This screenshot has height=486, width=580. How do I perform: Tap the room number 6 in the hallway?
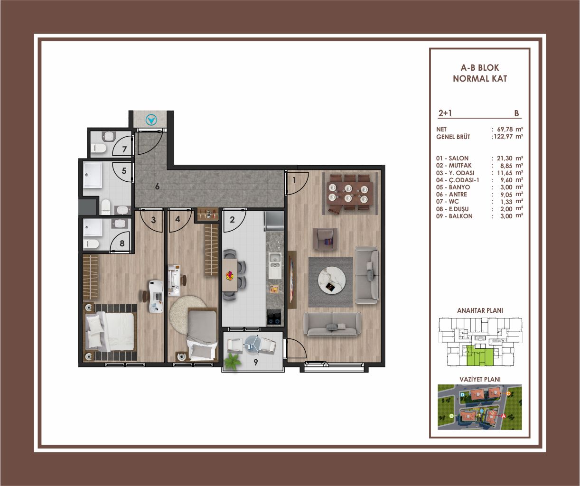click(x=157, y=187)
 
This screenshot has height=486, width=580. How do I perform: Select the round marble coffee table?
click(x=332, y=281)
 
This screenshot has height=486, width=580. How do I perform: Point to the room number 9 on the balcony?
click(x=256, y=362)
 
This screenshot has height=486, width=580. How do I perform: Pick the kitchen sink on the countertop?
click(x=275, y=265)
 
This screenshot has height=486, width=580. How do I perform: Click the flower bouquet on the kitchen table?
click(x=229, y=276)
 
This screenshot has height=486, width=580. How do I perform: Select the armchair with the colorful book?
click(x=325, y=239)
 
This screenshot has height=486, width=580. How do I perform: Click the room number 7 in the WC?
click(x=124, y=150)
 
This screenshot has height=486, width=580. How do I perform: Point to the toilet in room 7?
click(x=99, y=148)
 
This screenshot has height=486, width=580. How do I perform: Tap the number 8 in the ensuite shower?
click(x=122, y=243)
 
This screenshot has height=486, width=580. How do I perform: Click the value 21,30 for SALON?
click(x=505, y=159)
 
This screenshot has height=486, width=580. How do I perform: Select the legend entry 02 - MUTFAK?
click(x=454, y=166)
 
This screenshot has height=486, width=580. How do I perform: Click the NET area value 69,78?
click(x=505, y=129)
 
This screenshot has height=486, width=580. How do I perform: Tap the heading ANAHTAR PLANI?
click(x=480, y=310)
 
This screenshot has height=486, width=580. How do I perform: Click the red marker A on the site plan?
click(x=503, y=424)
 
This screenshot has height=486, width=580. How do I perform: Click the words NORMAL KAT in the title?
click(x=480, y=79)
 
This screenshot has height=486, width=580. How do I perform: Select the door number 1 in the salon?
click(x=294, y=180)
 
